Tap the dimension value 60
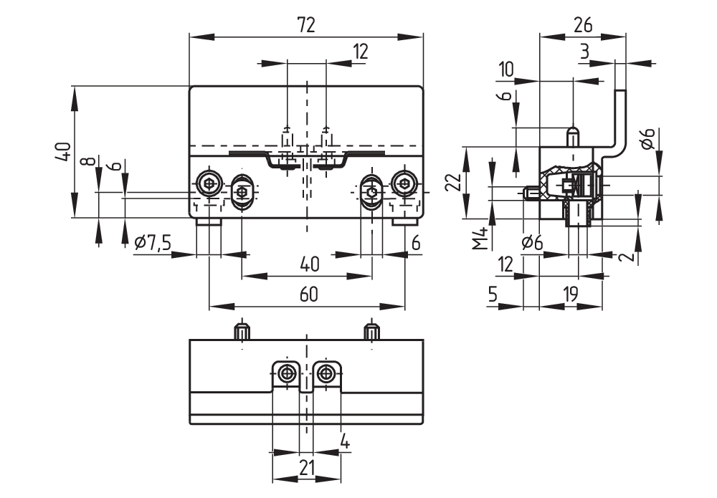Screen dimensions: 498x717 (x=308, y=294)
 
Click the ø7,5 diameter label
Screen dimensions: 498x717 (x=153, y=243)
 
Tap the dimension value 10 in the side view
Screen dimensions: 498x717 (x=505, y=70)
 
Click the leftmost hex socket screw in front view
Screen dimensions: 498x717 (x=209, y=184)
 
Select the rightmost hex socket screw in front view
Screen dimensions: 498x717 (x=404, y=184)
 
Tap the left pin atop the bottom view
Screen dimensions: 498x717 (x=242, y=332)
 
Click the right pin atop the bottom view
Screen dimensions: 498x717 (x=371, y=332)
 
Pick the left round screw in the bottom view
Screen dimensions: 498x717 (x=288, y=373)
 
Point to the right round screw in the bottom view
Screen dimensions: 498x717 (x=326, y=373)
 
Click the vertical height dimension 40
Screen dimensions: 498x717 (x=63, y=151)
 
